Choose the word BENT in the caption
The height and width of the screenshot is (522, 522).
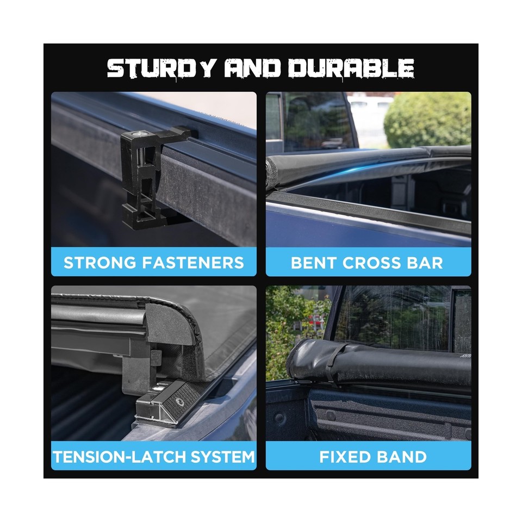click(x=313, y=263)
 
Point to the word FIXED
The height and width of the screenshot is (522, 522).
click(x=344, y=456)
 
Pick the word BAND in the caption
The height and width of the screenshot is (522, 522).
click(x=402, y=456)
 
